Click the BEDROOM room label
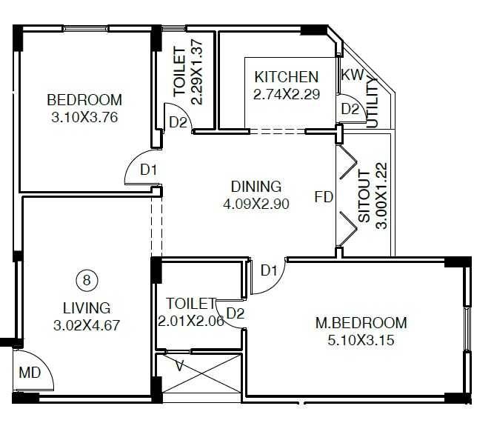84,100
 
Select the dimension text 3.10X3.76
85,116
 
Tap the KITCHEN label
286,77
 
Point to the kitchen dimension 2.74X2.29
287,94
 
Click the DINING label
256,187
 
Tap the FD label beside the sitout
324,197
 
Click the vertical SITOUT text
364,196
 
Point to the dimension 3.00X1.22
381,196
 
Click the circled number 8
87,280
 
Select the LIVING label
87,308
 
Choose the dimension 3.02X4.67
87,324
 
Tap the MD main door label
30,372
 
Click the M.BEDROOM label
361,322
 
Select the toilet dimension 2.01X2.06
191,321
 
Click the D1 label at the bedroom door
150,170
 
